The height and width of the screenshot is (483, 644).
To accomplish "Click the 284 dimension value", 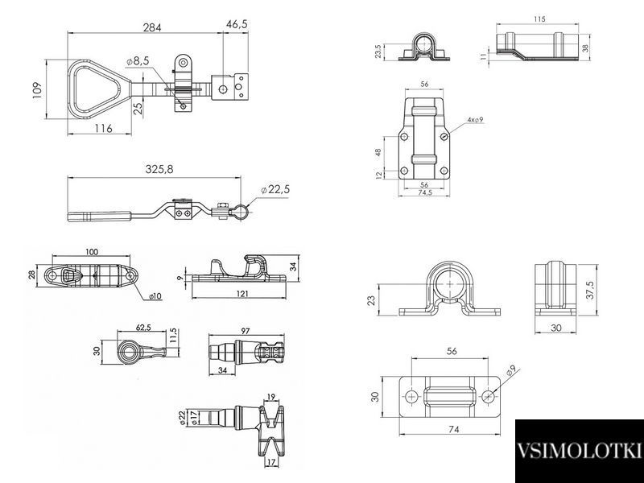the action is (x=152, y=27).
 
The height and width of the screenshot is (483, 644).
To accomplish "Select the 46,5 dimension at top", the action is (x=237, y=25).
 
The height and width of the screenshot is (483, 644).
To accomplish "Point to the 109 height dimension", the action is (x=37, y=90).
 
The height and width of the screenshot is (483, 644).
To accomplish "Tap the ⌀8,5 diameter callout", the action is (x=138, y=62).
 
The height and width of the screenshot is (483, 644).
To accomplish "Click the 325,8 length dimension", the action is (x=159, y=169).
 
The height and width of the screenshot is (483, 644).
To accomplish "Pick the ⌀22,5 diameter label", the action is (x=275, y=189).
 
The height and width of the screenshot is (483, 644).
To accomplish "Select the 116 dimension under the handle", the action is (x=103, y=129).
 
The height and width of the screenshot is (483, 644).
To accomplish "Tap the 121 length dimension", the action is (x=242, y=294).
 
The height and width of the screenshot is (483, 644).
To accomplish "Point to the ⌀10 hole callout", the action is (x=155, y=295).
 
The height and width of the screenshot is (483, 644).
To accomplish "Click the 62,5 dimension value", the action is (x=144, y=328).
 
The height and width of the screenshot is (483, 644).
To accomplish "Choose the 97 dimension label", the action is (x=246, y=331).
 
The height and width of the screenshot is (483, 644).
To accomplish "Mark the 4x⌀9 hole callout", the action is (x=475, y=119).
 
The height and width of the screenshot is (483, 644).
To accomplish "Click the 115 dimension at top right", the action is (x=539, y=19).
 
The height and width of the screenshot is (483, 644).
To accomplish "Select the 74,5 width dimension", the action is (x=425, y=192).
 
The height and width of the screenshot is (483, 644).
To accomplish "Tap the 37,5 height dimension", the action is (x=590, y=290).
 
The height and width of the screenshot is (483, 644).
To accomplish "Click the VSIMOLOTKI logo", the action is (x=579, y=451).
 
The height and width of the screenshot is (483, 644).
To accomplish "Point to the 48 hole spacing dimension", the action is (x=378, y=152).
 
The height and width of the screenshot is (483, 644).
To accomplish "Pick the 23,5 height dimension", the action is (x=378, y=52).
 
